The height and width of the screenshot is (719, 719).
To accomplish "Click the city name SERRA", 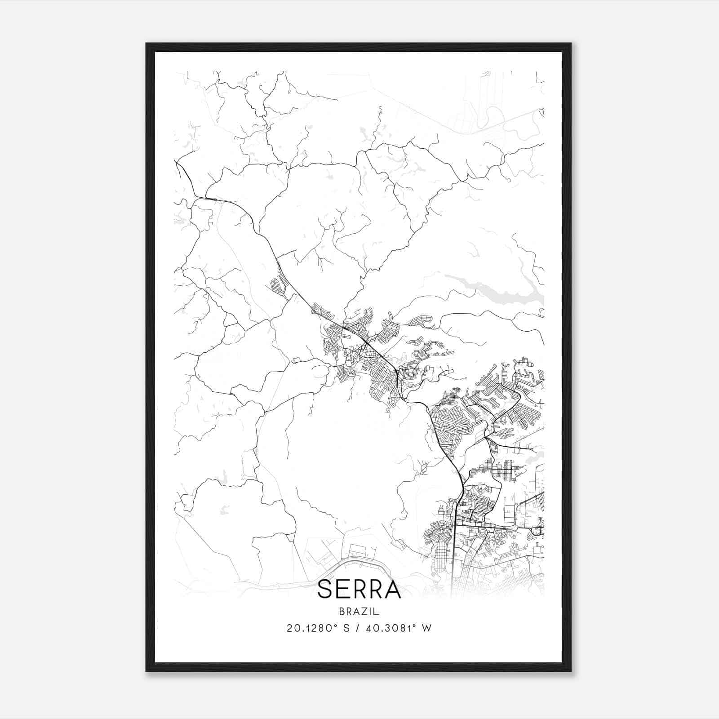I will [x=359, y=590].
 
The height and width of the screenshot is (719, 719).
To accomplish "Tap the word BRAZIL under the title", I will [x=359, y=612].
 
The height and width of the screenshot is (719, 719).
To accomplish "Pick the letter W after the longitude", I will [x=426, y=628].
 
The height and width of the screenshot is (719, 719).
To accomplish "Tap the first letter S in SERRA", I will [x=325, y=590].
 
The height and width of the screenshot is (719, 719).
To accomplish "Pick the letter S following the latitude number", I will [x=346, y=628].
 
